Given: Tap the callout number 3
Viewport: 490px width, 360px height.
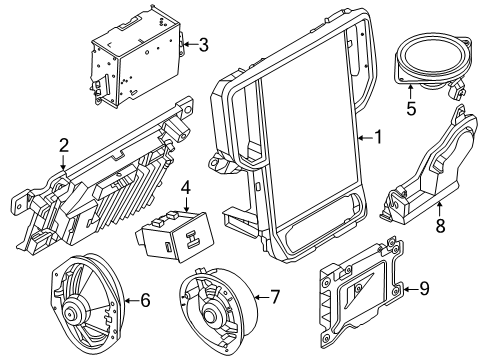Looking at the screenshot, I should coord(203,44).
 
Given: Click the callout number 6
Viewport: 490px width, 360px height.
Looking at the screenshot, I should coord(144,298).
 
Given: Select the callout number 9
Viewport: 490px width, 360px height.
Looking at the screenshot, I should coord(424,290).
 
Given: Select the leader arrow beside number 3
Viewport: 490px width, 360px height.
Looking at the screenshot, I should coord(190,44).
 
